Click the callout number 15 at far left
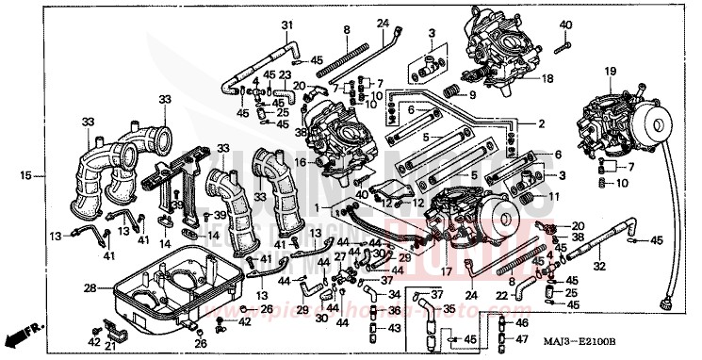point(26,175)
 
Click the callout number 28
point(90,287)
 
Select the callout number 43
point(394,327)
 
